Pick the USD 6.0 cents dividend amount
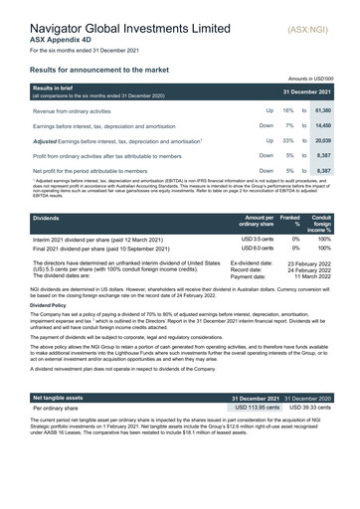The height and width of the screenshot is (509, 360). [257, 250]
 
